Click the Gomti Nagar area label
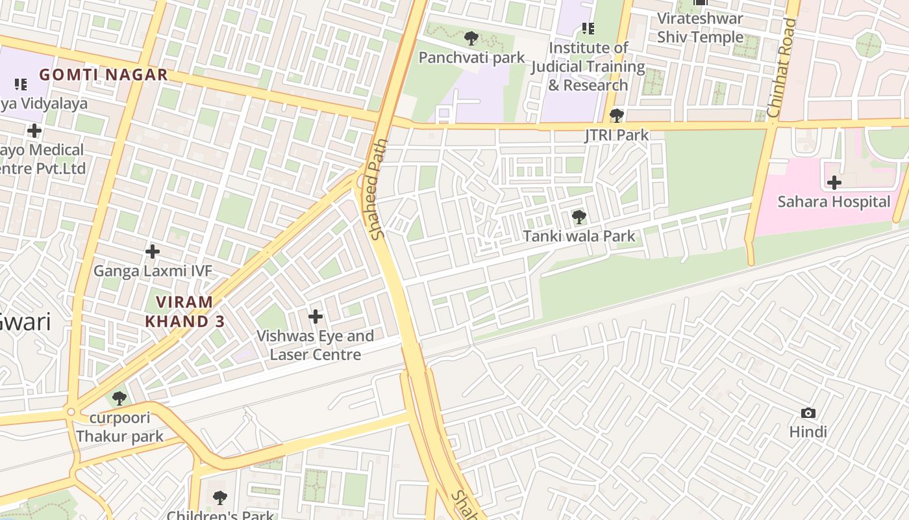[x=103, y=75]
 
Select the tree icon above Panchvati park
[x=471, y=38]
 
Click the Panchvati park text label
[x=471, y=58]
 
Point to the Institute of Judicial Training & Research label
[x=588, y=66]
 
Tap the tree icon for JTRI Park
[x=616, y=116]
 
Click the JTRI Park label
[x=616, y=135]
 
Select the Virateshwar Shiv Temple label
[x=700, y=28]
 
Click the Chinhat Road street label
[x=781, y=68]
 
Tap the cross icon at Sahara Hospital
[x=834, y=183]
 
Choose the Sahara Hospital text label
[x=834, y=201]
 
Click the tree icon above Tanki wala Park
[x=579, y=217]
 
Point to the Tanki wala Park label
[x=579, y=236]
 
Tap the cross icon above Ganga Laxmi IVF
[x=153, y=251]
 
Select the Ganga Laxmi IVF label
[x=153, y=270]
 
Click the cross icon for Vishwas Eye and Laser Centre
[x=316, y=317]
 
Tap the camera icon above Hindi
[x=808, y=413]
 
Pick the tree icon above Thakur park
[x=119, y=398]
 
